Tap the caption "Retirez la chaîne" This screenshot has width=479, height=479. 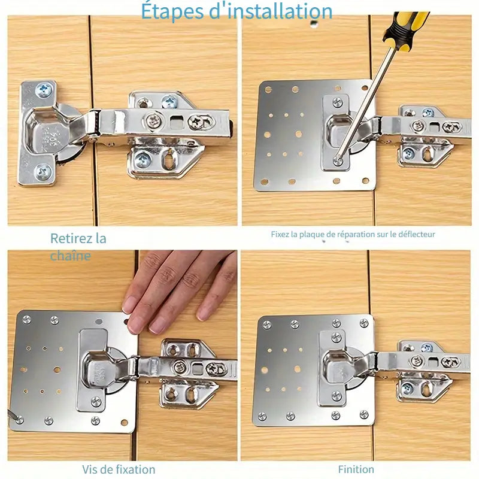pyautogui.click(x=78, y=247)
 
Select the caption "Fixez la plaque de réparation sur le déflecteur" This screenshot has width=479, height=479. pyautogui.click(x=353, y=234)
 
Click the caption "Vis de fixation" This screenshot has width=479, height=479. pyautogui.click(x=119, y=469)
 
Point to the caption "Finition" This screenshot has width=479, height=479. pyautogui.click(x=356, y=469)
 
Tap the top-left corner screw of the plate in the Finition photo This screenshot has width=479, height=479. pyautogui.click(x=267, y=324)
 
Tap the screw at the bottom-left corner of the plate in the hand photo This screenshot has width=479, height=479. pyautogui.click(x=19, y=420)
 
